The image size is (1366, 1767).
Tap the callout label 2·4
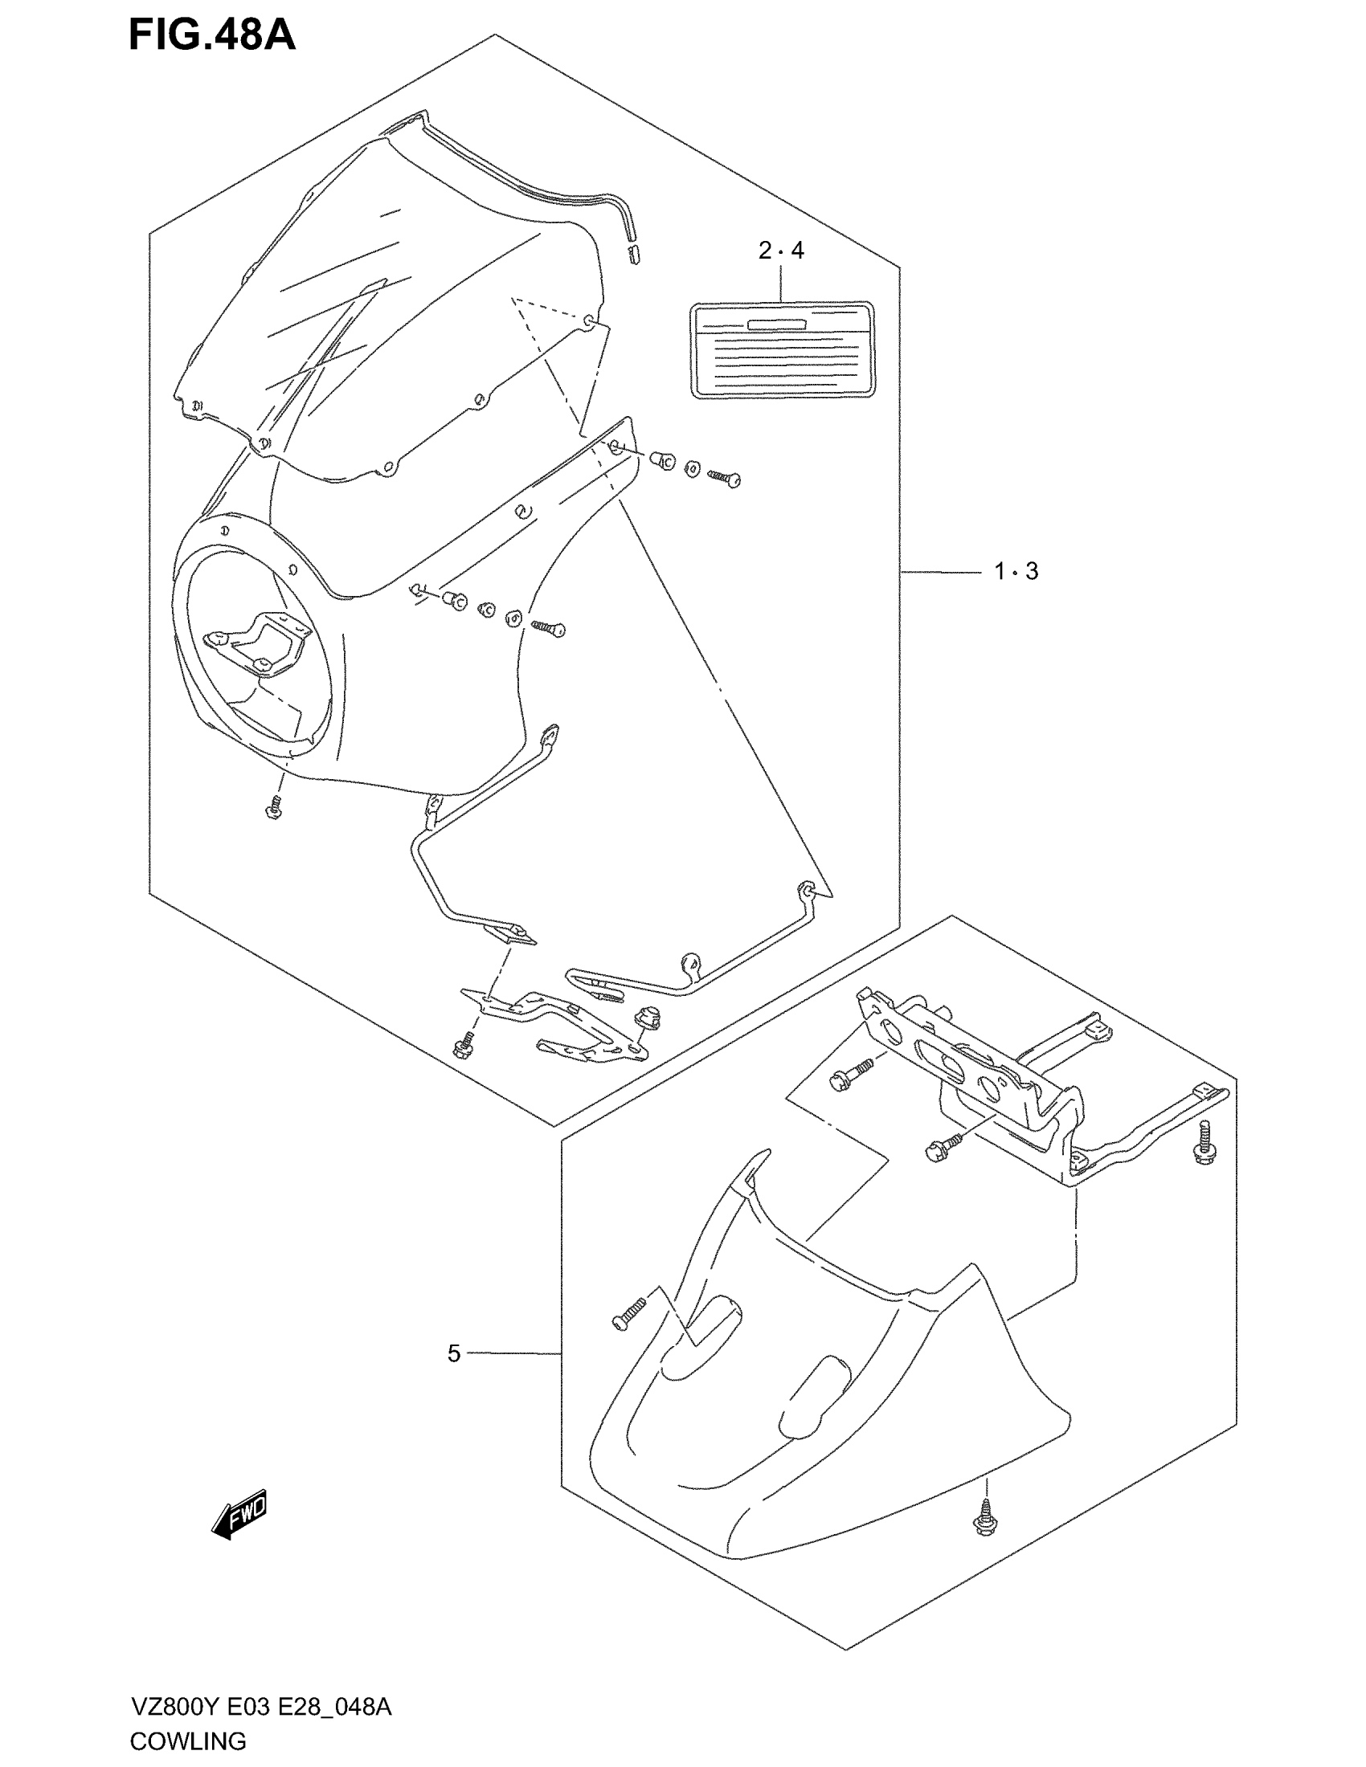click(781, 251)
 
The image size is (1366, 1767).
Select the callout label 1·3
click(1016, 571)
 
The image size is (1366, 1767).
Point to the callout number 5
click(454, 1353)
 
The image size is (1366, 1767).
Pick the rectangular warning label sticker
click(783, 349)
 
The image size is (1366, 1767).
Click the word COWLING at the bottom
click(188, 1741)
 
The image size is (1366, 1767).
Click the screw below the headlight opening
click(273, 806)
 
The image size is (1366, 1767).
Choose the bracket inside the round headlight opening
click(257, 642)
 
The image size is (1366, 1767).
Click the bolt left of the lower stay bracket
click(464, 1045)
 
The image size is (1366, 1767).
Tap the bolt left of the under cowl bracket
click(850, 1073)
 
